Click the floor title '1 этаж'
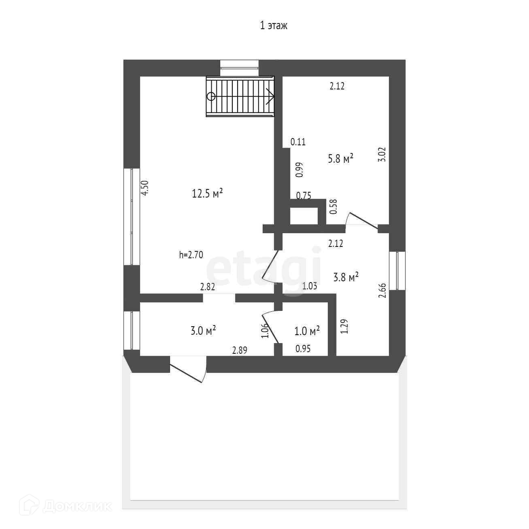point(274,26)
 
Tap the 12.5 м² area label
point(207,194)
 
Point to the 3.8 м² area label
point(346,277)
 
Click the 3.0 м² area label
point(203,331)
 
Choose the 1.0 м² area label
point(307,331)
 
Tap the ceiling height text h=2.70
point(191,255)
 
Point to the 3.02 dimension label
point(382,154)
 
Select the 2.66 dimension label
point(382,291)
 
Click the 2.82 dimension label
point(208,287)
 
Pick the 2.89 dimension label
point(240,351)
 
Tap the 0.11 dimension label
point(298,142)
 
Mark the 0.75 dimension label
point(304,196)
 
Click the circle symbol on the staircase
point(211,96)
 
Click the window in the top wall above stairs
point(239,67)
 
